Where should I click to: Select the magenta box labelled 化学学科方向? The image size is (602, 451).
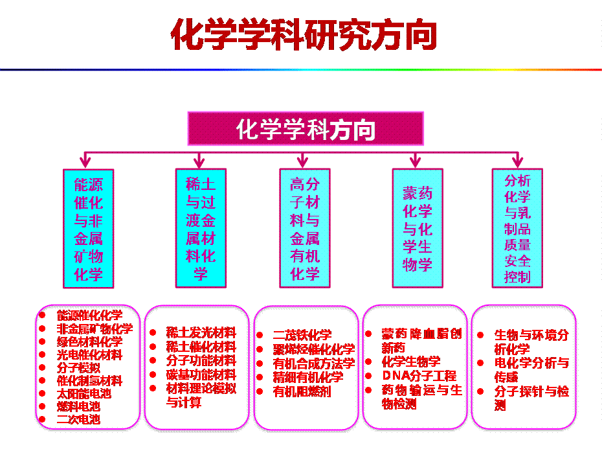pyautogui.click(x=306, y=129)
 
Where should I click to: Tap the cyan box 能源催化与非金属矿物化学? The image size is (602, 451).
pyautogui.click(x=89, y=228)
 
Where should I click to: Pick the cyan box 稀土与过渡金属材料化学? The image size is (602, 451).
pyautogui.click(x=201, y=228)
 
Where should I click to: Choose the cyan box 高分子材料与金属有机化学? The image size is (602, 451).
pyautogui.click(x=305, y=228)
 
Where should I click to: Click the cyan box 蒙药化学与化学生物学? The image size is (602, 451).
pyautogui.click(x=418, y=228)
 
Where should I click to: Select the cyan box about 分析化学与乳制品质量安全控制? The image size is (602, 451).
pyautogui.click(x=517, y=228)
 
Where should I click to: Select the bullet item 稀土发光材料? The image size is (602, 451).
pyautogui.click(x=201, y=333)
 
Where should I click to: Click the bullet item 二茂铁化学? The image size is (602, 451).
pyautogui.click(x=302, y=335)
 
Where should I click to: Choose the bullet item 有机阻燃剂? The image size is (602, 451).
pyautogui.click(x=302, y=391)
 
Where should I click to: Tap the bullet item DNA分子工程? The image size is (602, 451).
pyautogui.click(x=419, y=375)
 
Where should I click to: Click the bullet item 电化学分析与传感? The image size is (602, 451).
pyautogui.click(x=531, y=369)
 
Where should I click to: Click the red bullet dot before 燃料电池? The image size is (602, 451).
pyautogui.click(x=42, y=406)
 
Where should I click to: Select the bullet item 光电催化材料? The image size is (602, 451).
pyautogui.click(x=89, y=354)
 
